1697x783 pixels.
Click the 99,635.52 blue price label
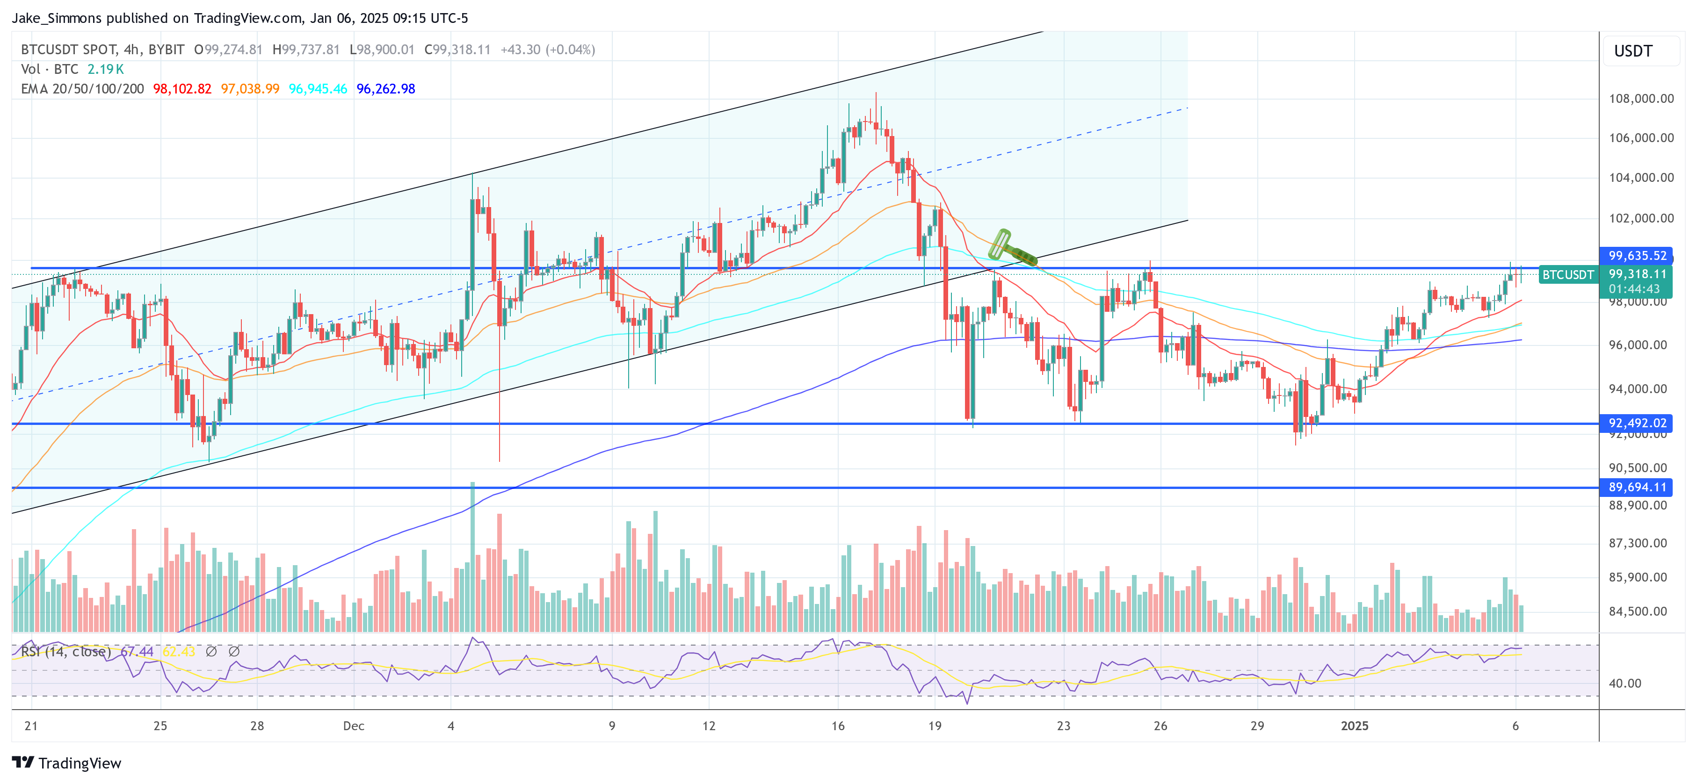pos(1636,256)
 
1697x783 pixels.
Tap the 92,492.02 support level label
pos(1636,423)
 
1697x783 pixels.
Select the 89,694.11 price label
pos(1636,487)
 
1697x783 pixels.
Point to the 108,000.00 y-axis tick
pos(1640,99)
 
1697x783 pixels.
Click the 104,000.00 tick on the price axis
pos(1640,177)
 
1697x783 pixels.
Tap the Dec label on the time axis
pos(353,726)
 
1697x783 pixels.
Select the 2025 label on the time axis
pos(1355,726)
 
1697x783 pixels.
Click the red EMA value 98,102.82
pos(182,89)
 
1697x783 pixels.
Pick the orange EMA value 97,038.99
pos(250,89)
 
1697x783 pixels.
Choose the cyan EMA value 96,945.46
pos(318,89)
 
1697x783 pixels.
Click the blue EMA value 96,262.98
pos(385,89)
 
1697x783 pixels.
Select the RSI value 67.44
pos(137,651)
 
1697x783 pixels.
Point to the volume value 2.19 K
pos(105,69)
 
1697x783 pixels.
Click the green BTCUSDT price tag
pos(1568,274)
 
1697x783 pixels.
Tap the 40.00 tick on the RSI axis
pos(1624,683)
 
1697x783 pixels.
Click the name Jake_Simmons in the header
pos(57,18)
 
